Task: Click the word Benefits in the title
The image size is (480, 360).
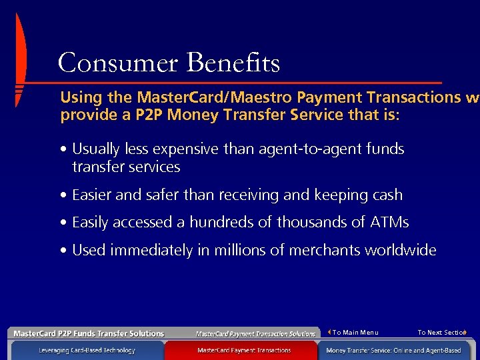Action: coord(233,63)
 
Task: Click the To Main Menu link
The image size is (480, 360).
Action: coord(355,333)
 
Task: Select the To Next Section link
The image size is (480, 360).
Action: coord(441,333)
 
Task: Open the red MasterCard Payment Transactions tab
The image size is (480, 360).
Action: coord(244,350)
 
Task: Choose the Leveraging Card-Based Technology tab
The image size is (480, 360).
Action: coord(87,350)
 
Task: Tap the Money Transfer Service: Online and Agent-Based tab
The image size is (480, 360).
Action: coord(393,350)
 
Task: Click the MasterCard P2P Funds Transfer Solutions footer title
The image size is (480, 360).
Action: coord(89,333)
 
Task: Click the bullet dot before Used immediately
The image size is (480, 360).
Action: coord(63,251)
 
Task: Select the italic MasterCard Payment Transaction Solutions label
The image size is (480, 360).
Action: coord(255,333)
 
